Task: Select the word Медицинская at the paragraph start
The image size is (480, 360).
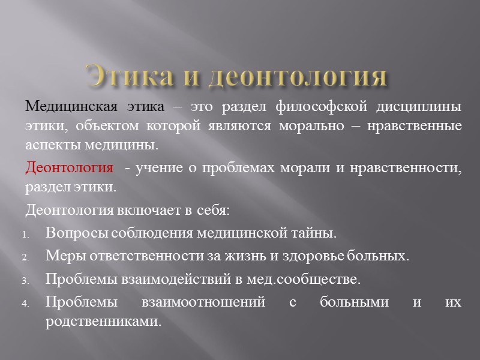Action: pyautogui.click(x=73, y=107)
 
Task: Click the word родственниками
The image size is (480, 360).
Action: pyautogui.click(x=103, y=321)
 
